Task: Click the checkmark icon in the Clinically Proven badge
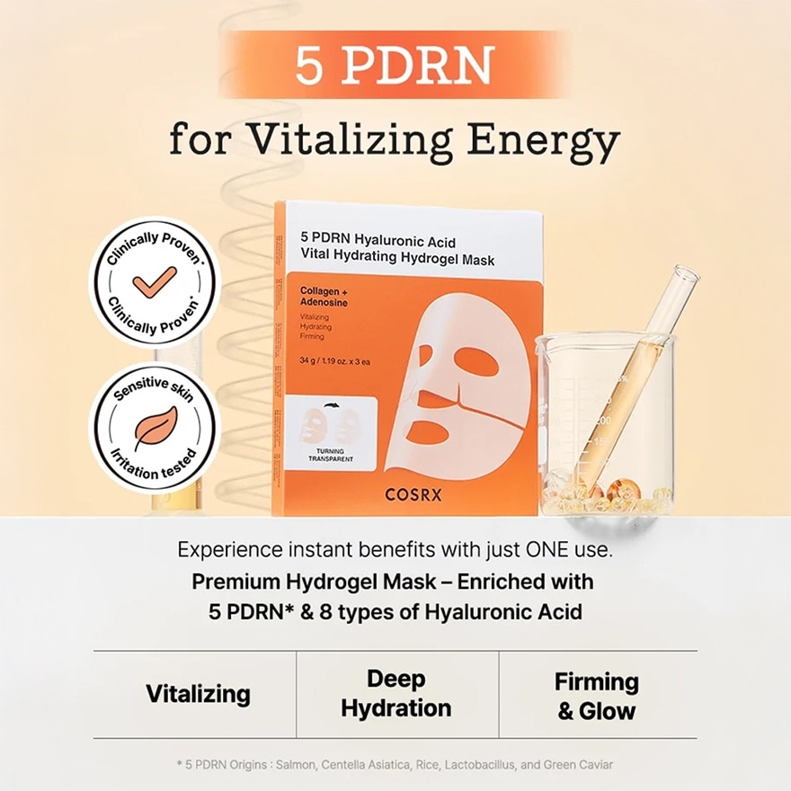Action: (155, 281)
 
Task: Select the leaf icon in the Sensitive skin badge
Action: (155, 429)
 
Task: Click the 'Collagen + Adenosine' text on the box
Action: (326, 297)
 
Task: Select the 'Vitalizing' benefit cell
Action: (198, 693)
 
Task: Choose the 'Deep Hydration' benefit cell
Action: (396, 693)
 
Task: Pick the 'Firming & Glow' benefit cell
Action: (596, 695)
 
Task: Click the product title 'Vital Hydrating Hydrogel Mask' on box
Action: (397, 260)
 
